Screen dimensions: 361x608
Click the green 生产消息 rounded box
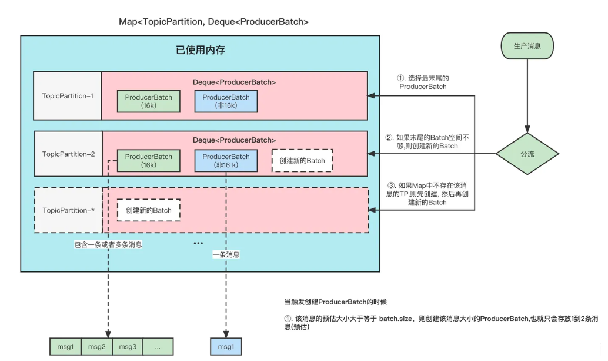point(527,45)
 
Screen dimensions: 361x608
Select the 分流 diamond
point(527,154)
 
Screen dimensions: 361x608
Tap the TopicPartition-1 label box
point(68,95)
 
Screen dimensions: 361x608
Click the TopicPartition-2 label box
point(68,154)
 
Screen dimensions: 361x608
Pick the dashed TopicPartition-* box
point(68,210)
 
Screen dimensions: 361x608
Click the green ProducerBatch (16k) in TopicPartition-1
point(148,101)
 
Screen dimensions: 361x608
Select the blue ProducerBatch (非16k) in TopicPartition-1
point(226,101)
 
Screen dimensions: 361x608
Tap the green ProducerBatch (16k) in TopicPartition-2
point(148,161)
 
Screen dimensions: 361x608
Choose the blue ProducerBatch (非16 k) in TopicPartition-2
point(226,161)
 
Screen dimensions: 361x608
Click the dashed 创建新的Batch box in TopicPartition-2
point(302,161)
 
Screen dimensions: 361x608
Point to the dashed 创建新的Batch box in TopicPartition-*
point(148,210)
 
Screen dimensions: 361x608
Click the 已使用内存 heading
point(201,51)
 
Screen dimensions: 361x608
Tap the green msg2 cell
point(96,346)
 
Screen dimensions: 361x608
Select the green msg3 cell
point(127,346)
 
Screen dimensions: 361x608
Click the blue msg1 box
point(226,346)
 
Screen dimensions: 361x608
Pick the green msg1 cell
point(65,346)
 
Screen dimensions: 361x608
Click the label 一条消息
point(226,255)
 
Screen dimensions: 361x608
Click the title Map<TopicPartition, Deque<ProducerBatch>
point(213,21)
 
